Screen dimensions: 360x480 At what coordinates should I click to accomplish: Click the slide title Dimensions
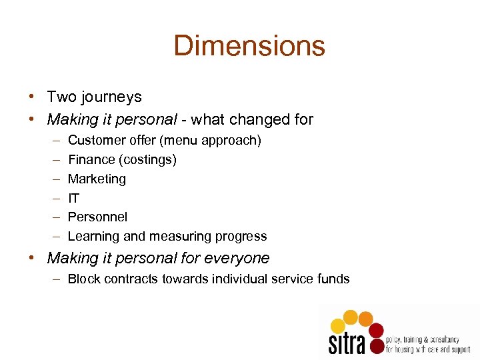point(249,46)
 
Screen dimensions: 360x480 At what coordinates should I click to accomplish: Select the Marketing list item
point(97,179)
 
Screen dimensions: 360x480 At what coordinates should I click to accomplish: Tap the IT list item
point(73,198)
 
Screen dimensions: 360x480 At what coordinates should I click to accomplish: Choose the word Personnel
point(97,217)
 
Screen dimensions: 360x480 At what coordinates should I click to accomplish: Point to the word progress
point(241,237)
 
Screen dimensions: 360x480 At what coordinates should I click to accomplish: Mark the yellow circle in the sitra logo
point(338,325)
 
